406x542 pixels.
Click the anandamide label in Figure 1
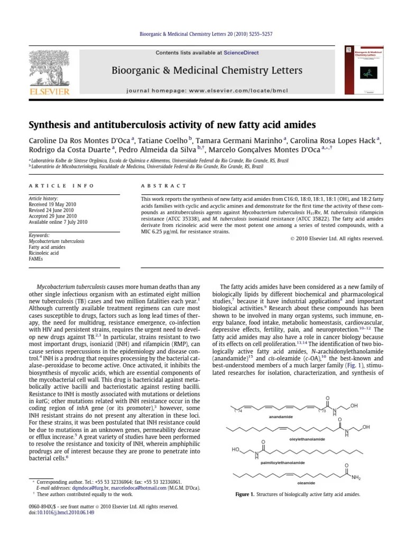click(281, 417)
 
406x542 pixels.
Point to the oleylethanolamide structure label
click(307, 439)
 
